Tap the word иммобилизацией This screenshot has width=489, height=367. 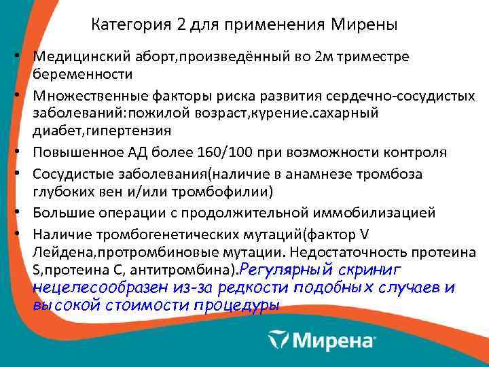click(397, 213)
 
